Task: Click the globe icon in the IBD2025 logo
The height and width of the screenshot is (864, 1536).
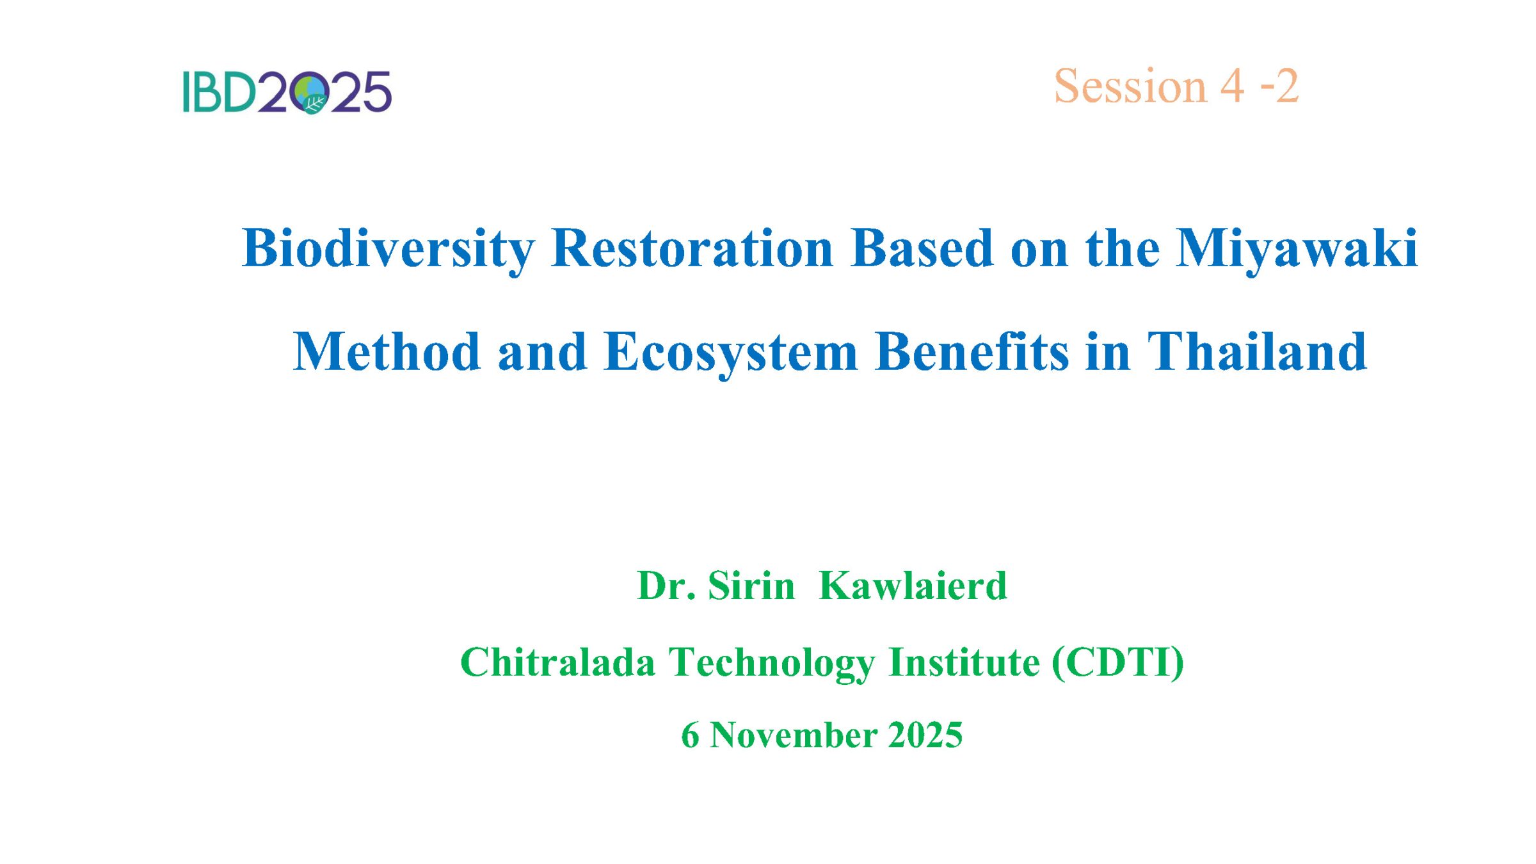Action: [x=309, y=93]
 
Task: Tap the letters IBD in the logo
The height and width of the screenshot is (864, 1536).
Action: [x=219, y=92]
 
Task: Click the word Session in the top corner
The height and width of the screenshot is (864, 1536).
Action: [x=1130, y=86]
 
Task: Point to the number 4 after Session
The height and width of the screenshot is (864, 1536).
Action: [x=1233, y=86]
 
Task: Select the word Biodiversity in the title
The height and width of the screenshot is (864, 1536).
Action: [x=388, y=249]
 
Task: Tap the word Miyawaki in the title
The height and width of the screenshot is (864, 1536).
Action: [x=1297, y=249]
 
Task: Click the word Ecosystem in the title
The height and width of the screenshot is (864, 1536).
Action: [x=730, y=353]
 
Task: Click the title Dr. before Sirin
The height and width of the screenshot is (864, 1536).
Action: [x=666, y=586]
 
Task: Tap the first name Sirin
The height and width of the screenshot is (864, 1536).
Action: [x=751, y=586]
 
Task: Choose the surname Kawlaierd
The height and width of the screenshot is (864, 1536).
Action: [x=913, y=586]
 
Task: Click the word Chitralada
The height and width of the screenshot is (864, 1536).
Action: [x=558, y=662]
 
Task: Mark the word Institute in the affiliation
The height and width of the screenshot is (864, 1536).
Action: [x=964, y=662]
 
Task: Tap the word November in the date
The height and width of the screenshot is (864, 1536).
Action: [x=794, y=735]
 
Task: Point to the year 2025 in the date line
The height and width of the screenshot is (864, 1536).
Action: [x=925, y=735]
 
